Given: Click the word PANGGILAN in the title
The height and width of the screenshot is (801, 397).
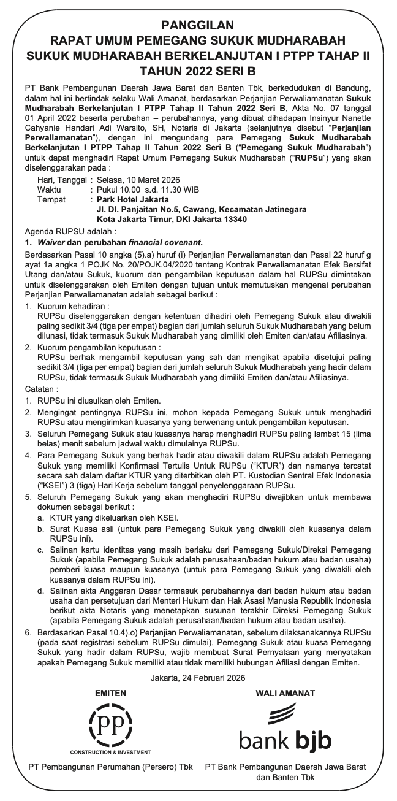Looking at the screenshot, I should tap(198, 25).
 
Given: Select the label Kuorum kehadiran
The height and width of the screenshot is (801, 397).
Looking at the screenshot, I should tap(73, 306).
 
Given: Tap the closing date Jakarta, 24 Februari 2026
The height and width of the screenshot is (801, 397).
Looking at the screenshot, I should tap(198, 678).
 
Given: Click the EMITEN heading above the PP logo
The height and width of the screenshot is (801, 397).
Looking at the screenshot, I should tap(110, 693).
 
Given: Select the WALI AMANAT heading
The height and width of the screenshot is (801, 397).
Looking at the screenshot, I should tap(285, 693).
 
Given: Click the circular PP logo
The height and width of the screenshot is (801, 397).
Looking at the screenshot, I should tap(110, 724).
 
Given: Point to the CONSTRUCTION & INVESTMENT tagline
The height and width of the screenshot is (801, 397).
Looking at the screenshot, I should tap(110, 751).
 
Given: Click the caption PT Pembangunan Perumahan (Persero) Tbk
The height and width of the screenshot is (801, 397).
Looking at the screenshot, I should tap(110, 767).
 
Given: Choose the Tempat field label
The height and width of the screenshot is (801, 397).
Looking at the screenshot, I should tap(51, 199).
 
